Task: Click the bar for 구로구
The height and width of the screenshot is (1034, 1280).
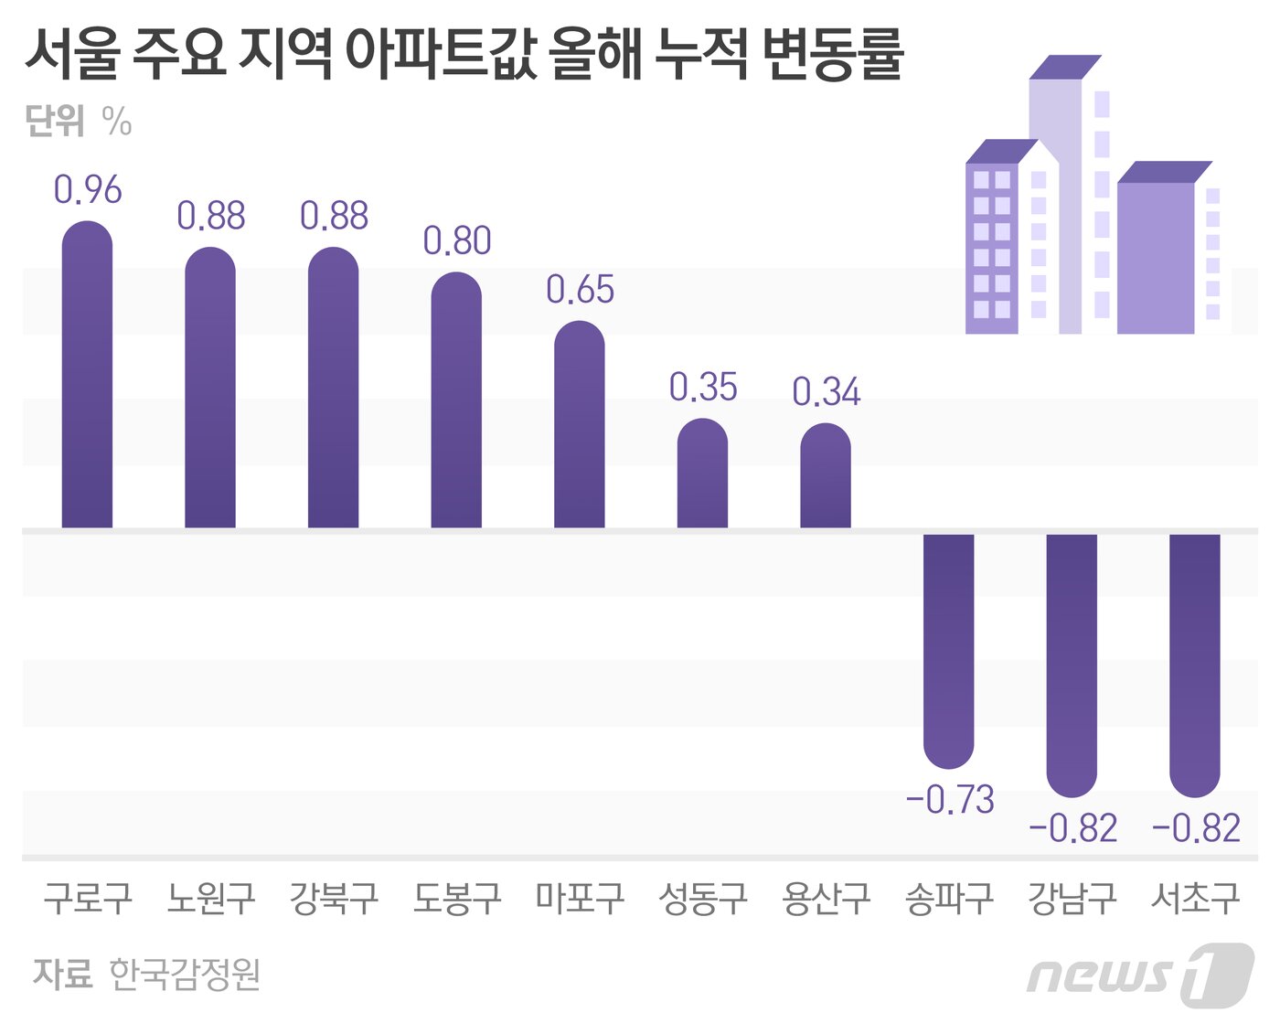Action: click(x=87, y=375)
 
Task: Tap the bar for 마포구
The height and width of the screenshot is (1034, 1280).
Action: click(x=580, y=425)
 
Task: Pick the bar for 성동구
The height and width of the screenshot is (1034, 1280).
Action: click(x=702, y=474)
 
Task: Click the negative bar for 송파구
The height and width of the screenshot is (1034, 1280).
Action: click(x=948, y=649)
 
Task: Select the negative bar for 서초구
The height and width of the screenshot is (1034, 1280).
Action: click(x=1195, y=663)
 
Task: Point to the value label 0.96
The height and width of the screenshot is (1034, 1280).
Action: click(x=88, y=190)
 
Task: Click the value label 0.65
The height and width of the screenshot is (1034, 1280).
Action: click(x=580, y=290)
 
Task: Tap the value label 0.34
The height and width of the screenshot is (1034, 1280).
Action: click(x=826, y=392)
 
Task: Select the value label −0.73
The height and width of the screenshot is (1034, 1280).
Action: click(x=950, y=800)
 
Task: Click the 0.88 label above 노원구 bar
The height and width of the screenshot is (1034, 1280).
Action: click(x=211, y=217)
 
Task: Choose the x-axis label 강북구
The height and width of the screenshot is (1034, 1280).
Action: click(x=334, y=899)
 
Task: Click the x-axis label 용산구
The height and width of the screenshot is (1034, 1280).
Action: click(x=826, y=899)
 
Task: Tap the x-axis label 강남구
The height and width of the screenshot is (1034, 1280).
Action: click(x=1072, y=899)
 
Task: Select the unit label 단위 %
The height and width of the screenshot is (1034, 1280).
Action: click(x=79, y=121)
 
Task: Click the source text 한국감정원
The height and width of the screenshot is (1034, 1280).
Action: click(x=185, y=975)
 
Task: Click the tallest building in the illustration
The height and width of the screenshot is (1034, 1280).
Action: click(x=1056, y=201)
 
